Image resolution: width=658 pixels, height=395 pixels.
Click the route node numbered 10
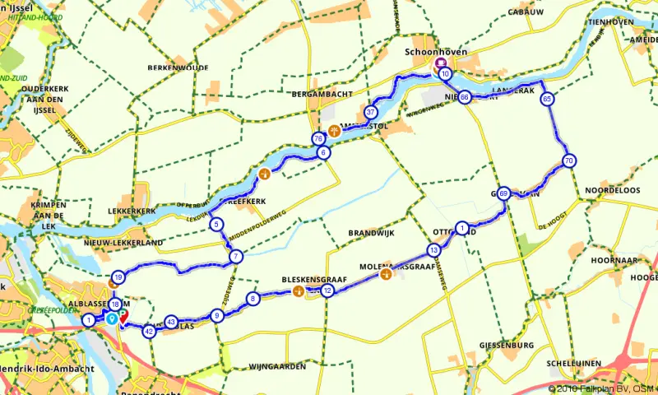tap(445, 74)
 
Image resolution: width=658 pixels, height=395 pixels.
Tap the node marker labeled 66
tap(465, 96)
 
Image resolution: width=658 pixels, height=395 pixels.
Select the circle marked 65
tap(547, 99)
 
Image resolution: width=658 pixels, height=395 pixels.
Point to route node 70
tap(568, 160)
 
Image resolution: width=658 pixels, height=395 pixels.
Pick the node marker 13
tap(433, 249)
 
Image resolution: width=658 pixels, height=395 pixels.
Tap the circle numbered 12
tap(327, 290)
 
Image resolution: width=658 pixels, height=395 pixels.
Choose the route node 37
tap(371, 112)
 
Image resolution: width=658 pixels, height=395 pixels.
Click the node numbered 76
tap(318, 139)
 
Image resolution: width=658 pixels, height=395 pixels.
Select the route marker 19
tap(118, 277)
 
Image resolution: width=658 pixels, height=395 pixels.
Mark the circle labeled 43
tap(171, 322)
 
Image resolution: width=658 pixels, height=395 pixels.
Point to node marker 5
tap(215, 225)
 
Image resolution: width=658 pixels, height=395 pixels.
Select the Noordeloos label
tap(612, 189)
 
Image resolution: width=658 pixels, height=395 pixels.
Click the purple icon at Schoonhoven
tap(441, 63)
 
